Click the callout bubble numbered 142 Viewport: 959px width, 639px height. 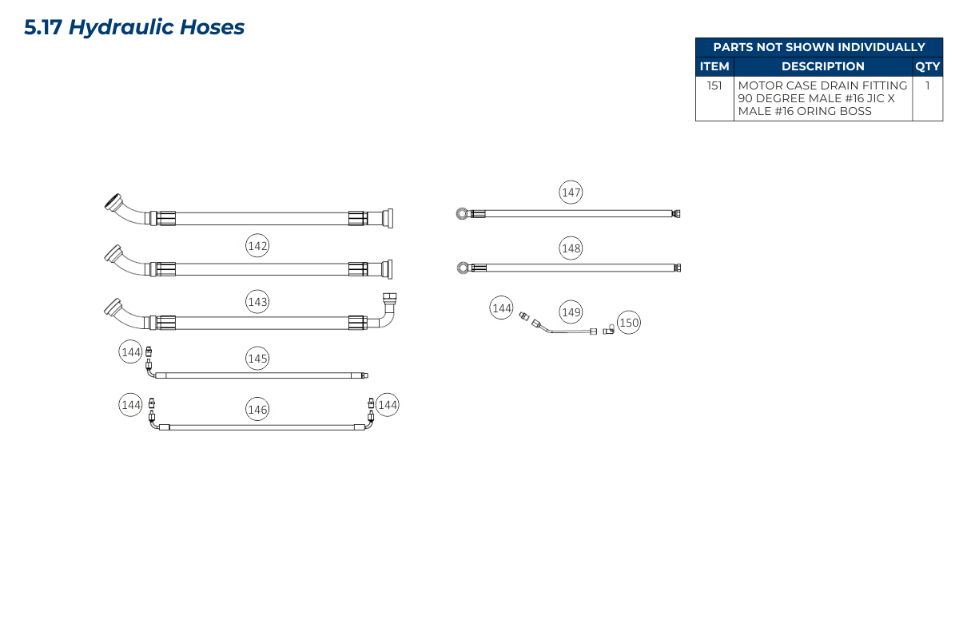tap(257, 246)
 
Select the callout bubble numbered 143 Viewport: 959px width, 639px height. tap(257, 302)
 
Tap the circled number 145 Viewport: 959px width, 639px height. tap(257, 358)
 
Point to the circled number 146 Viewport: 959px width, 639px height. tap(257, 409)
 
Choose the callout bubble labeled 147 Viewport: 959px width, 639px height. tap(571, 192)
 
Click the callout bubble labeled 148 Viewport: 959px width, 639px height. tap(571, 248)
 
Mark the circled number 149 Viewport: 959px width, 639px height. tap(571, 312)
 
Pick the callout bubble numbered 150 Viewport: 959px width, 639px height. tap(629, 322)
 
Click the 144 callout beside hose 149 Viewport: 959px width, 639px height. tap(501, 308)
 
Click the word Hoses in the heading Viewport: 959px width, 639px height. tap(212, 27)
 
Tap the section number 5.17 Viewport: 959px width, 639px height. tap(43, 27)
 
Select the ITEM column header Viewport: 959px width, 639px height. tap(714, 66)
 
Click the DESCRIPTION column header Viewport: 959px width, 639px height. tap(823, 66)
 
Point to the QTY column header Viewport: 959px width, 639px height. tap(927, 66)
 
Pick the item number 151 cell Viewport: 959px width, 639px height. tap(714, 85)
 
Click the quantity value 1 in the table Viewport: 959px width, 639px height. tap(927, 85)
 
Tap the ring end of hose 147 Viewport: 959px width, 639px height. tap(463, 213)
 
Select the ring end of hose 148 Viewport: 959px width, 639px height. tap(463, 268)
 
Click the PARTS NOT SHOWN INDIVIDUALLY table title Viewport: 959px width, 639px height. tap(819, 47)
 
